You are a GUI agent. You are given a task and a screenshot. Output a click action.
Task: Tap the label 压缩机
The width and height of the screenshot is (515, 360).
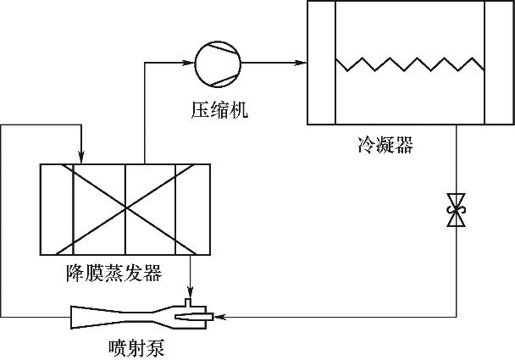point(219,110)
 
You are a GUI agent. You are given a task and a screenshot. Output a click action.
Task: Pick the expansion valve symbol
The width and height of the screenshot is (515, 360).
point(457,209)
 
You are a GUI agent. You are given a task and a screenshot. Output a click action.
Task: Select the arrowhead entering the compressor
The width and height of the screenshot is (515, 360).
point(191,62)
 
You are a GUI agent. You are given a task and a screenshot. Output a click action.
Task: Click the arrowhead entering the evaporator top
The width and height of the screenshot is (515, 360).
point(80,158)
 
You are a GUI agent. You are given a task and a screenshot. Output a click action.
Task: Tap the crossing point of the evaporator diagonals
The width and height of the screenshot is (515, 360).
point(125,208)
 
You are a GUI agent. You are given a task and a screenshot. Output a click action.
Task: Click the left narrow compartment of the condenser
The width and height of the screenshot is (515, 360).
point(321,64)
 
